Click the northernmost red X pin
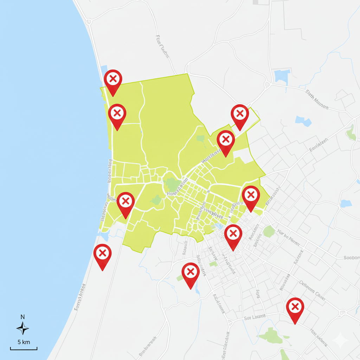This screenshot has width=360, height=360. (113, 79)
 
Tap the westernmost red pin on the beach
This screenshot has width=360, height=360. (102, 253)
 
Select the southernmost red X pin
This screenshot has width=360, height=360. (295, 307)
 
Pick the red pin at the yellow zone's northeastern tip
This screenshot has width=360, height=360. (240, 114)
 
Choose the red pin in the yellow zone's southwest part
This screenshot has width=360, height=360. (126, 202)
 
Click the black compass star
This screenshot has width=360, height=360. (22, 328)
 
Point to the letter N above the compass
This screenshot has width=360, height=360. (22, 317)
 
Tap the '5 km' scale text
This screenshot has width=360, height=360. (24, 342)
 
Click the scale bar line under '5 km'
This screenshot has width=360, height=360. (24, 349)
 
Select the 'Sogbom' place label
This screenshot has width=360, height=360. (351, 258)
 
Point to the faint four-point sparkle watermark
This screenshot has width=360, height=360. (340, 340)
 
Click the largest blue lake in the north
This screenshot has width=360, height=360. (282, 76)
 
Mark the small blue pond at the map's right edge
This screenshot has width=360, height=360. (346, 204)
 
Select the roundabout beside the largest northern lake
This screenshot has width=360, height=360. (268, 85)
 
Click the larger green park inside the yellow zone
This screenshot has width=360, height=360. (172, 184)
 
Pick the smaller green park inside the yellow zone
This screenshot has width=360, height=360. (156, 200)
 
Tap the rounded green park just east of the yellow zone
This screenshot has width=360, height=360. (269, 231)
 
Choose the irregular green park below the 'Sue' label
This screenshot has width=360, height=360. (272, 336)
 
